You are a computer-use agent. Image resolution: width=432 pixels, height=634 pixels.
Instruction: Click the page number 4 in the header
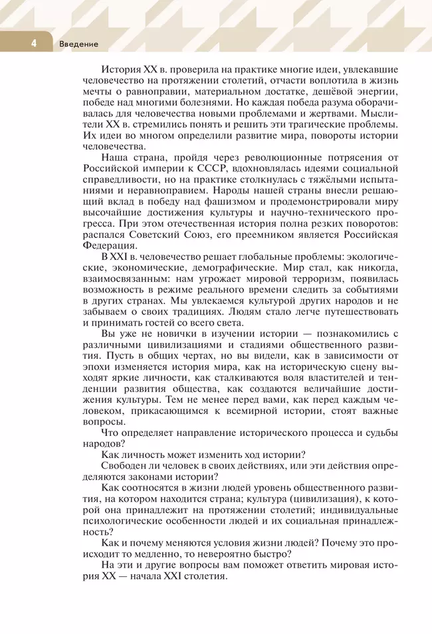pyautogui.click(x=32, y=44)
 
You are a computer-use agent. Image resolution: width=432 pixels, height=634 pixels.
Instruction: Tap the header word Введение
pyautogui.click(x=78, y=44)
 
